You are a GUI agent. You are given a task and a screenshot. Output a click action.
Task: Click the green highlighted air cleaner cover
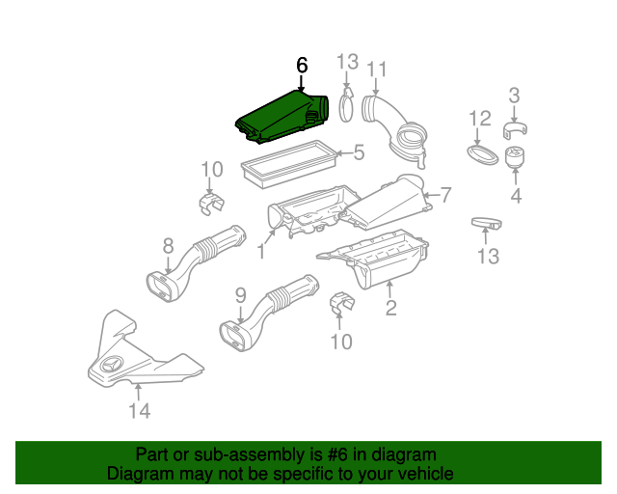(x=282, y=117)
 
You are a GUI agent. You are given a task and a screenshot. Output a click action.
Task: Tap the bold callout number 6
(x=302, y=65)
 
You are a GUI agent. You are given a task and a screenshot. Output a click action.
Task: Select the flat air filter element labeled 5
(x=288, y=164)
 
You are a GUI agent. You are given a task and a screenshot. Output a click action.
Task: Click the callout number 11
(x=376, y=69)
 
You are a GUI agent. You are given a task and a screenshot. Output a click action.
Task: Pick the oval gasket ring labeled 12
(x=482, y=155)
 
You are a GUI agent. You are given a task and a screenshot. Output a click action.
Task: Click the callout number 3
(x=514, y=96)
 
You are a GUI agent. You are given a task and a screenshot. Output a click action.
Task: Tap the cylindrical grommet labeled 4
(x=515, y=157)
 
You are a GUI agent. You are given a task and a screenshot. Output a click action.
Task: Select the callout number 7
(x=445, y=195)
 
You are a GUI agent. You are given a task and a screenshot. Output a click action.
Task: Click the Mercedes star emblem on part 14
(x=113, y=365)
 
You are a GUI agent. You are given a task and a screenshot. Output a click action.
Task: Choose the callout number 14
(x=140, y=411)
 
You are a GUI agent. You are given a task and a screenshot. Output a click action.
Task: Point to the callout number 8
(x=168, y=247)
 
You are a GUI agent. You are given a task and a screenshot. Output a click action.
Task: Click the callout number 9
(x=240, y=295)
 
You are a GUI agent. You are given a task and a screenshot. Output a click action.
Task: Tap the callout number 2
(x=390, y=308)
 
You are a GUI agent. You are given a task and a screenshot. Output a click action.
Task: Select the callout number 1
(x=261, y=251)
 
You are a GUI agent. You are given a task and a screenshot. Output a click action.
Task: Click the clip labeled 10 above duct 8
(x=211, y=204)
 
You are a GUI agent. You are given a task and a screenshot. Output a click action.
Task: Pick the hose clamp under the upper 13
(x=346, y=105)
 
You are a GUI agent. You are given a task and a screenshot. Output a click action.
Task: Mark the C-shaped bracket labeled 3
(x=515, y=130)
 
